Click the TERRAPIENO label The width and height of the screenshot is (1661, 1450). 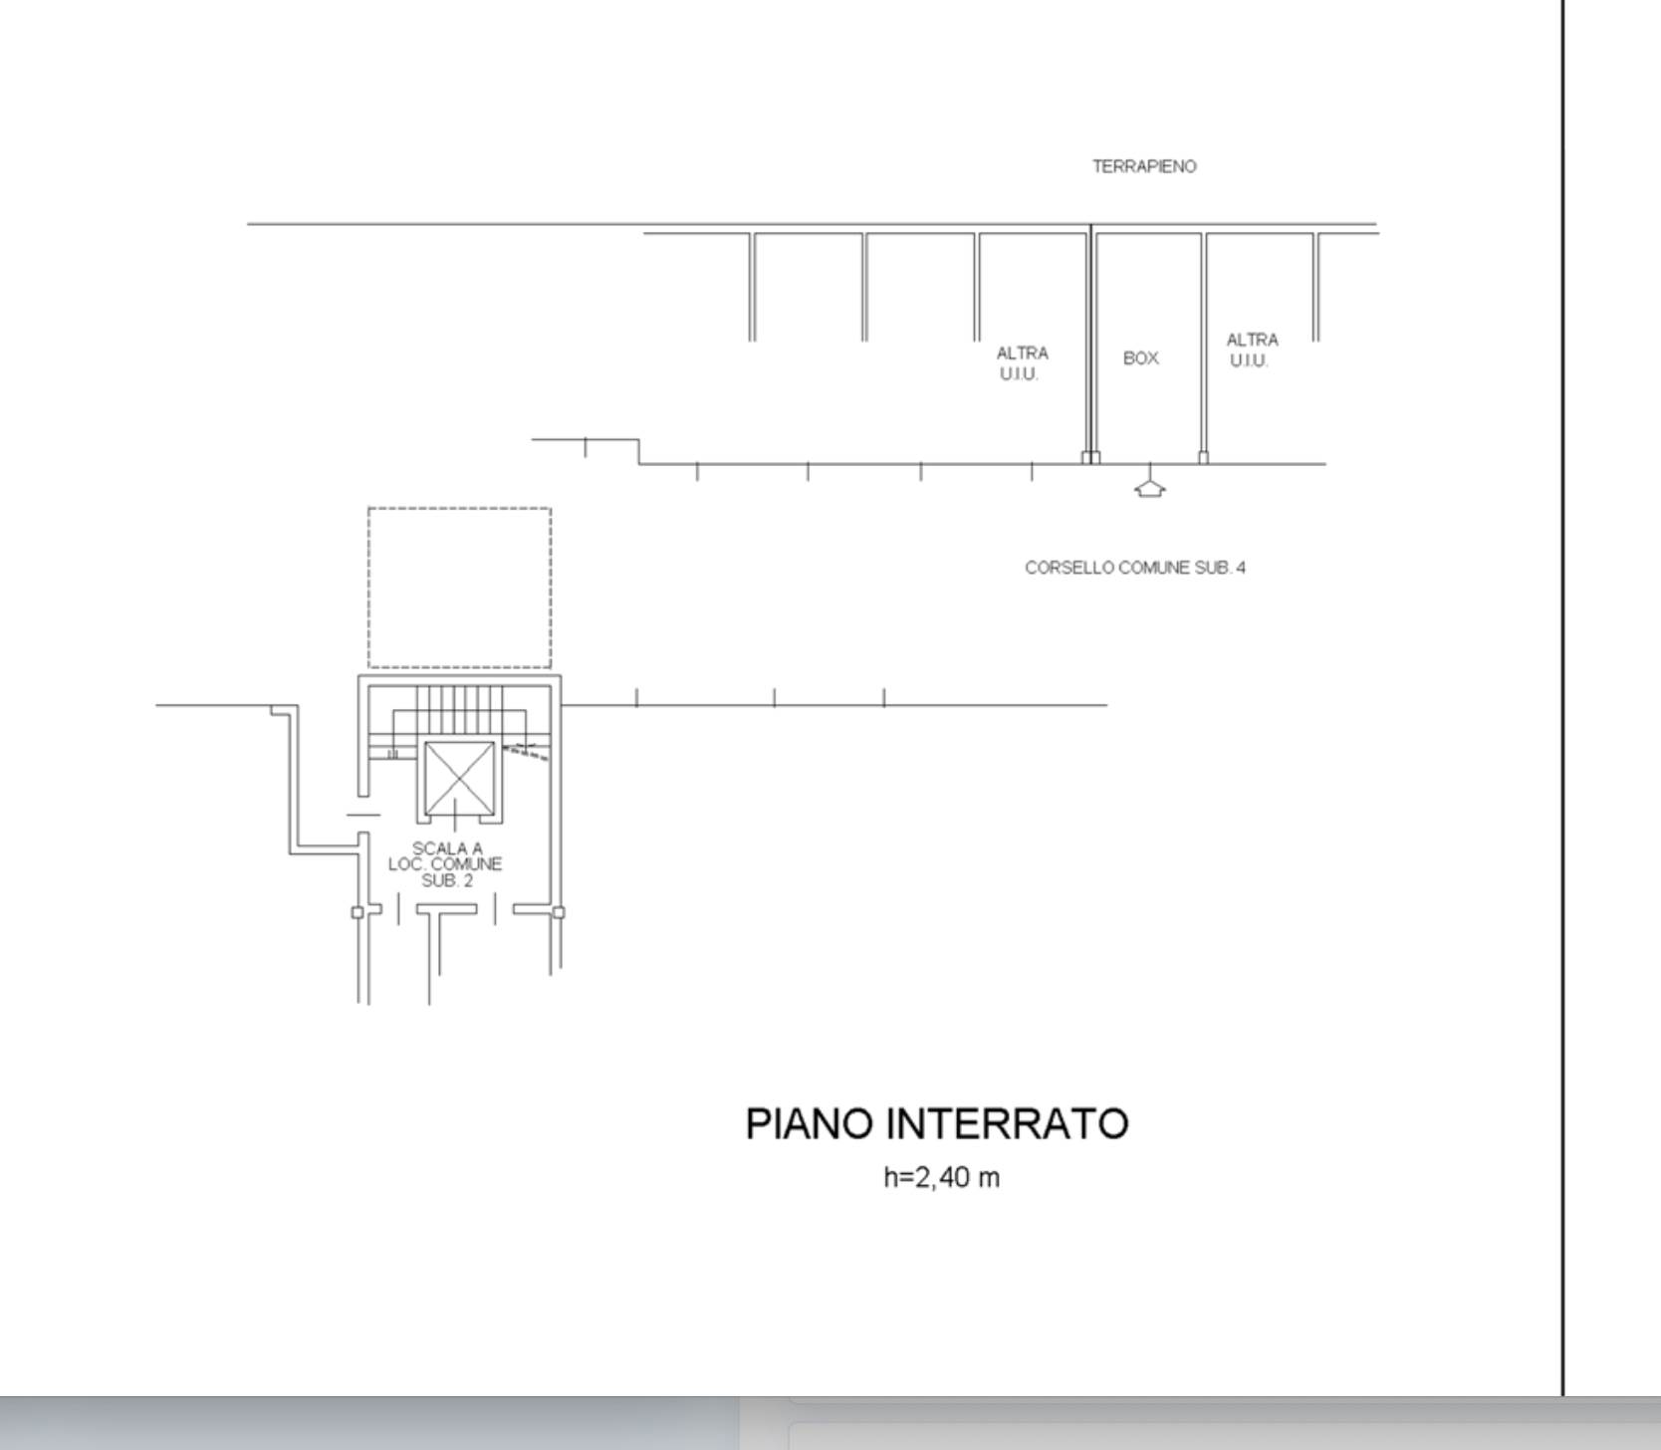coord(1144,166)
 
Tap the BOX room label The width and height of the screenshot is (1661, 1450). coord(1141,358)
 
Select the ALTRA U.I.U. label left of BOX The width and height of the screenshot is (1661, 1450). coord(1022,363)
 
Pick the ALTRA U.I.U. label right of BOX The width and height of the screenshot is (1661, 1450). coord(1252,351)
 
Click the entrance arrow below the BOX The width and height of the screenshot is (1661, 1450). coord(1150,488)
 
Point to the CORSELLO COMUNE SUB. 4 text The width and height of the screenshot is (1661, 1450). coord(1135,568)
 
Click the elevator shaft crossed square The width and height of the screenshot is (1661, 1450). coord(459,778)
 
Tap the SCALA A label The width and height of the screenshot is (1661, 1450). coord(447,848)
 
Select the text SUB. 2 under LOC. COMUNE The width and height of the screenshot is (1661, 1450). coord(447,881)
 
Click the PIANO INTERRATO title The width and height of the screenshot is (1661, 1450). coord(937,1123)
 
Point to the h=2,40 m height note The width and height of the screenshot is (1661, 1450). coord(942,1177)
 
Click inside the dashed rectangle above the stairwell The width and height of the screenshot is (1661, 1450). coord(459,588)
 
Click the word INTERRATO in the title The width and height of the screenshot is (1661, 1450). coord(1008,1123)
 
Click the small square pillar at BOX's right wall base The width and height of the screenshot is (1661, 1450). coord(1203,458)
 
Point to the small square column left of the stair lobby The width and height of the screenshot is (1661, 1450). coord(357,912)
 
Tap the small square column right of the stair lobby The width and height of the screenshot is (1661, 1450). coord(559,912)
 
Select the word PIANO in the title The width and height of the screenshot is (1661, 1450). coord(810,1123)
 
